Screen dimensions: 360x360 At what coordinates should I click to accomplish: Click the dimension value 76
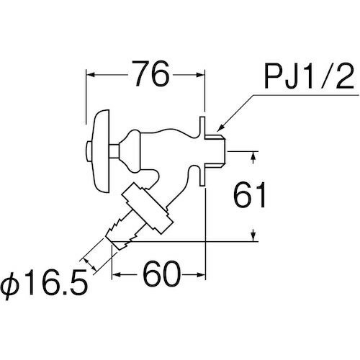152,74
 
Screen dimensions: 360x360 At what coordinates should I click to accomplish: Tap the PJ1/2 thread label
309,77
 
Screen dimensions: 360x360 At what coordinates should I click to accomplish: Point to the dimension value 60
162,274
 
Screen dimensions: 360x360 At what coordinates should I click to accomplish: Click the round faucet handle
102,151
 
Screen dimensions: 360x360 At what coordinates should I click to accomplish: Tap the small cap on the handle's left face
89,151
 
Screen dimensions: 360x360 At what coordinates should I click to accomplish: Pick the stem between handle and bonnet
114,151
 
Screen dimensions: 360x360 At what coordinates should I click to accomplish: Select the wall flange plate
202,151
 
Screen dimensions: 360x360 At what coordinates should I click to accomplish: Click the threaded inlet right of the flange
215,151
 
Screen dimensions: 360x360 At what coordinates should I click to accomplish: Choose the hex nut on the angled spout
147,208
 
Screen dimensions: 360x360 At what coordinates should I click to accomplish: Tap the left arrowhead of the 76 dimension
91,75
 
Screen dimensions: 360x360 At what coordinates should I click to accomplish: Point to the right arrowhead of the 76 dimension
200,75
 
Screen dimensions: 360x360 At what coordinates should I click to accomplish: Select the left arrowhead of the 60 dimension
117,274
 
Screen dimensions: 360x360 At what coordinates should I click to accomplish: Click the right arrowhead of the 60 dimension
201,274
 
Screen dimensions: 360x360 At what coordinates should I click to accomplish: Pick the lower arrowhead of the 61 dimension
253,236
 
